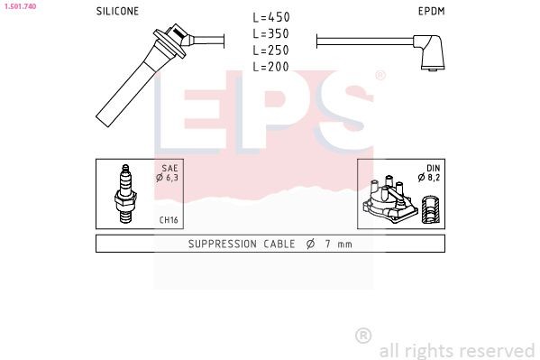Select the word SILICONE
[x=117, y=12]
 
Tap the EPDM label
[x=431, y=12]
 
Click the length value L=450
[x=270, y=17]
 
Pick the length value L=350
[x=270, y=34]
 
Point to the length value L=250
[x=270, y=51]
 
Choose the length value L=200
[x=270, y=67]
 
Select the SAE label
[x=170, y=168]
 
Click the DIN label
[x=432, y=168]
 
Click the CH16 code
[x=169, y=219]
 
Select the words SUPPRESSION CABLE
[x=239, y=245]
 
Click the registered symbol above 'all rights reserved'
[x=363, y=335]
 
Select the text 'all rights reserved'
[x=457, y=350]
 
